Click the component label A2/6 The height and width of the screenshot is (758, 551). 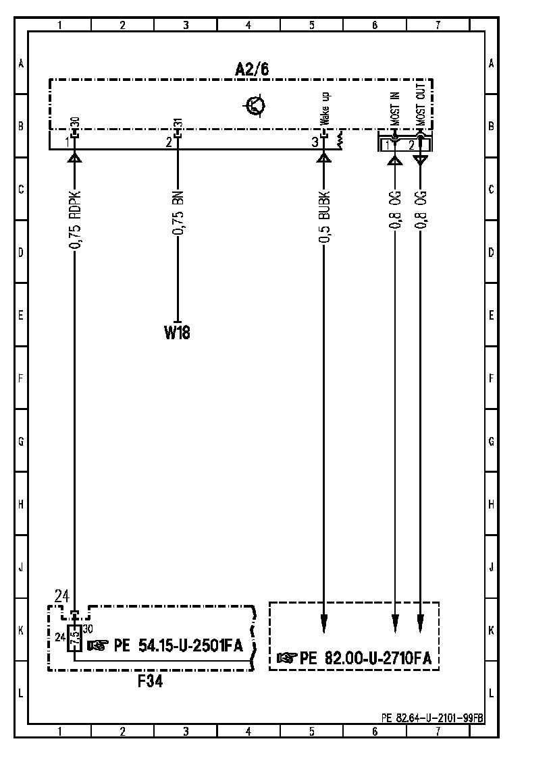[x=252, y=69]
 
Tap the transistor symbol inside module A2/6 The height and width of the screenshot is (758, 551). [x=255, y=105]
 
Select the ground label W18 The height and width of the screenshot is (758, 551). [x=177, y=332]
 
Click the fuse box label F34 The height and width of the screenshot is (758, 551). [x=150, y=681]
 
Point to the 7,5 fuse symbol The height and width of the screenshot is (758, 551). [x=74, y=639]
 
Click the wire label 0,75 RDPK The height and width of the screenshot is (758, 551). [x=75, y=221]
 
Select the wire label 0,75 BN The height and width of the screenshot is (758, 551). [x=178, y=212]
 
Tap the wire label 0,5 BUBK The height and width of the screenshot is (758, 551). [x=324, y=217]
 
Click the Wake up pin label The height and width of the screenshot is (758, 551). [x=325, y=109]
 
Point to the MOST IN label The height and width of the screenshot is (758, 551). [x=396, y=109]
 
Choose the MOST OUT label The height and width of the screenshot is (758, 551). [x=421, y=105]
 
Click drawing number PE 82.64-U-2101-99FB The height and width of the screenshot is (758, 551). [x=432, y=718]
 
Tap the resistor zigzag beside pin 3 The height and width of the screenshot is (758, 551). [x=340, y=140]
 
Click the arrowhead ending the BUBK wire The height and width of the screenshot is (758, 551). [x=324, y=624]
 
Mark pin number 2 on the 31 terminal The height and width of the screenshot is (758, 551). [x=169, y=142]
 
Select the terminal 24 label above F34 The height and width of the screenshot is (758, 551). [x=62, y=597]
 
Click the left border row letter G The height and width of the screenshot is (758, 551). [x=21, y=441]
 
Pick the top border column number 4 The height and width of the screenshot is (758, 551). [x=248, y=26]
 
